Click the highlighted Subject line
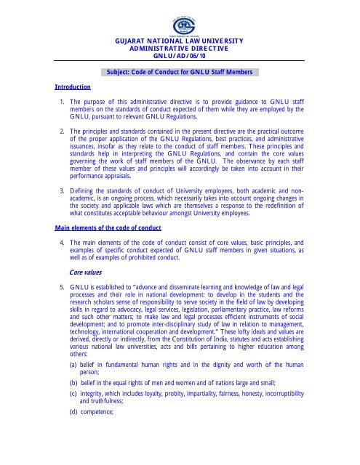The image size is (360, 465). (180, 73)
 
